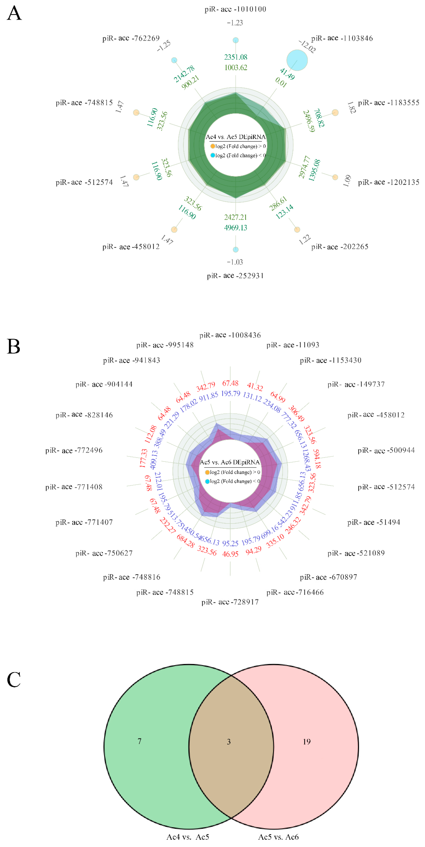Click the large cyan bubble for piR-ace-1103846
[x=297, y=60]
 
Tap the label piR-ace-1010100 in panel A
[x=235, y=9]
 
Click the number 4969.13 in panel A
[x=235, y=228]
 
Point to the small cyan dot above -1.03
[x=235, y=249]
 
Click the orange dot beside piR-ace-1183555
[x=335, y=112]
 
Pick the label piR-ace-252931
[x=235, y=276]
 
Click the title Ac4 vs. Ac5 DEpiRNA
[x=235, y=137]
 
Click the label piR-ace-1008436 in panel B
[x=230, y=335]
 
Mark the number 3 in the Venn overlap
[x=229, y=741]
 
